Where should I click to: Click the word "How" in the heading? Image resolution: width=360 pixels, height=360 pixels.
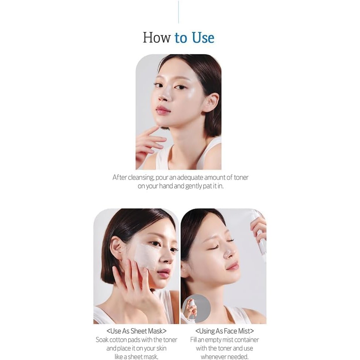click(x=157, y=38)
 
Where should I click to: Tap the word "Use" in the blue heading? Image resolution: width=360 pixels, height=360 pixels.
click(x=203, y=38)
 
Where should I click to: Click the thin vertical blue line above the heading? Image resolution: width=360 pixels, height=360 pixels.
click(x=178, y=12)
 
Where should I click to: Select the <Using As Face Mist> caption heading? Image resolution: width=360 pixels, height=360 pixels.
click(x=224, y=331)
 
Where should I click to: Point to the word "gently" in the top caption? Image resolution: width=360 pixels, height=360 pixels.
click(x=195, y=186)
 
